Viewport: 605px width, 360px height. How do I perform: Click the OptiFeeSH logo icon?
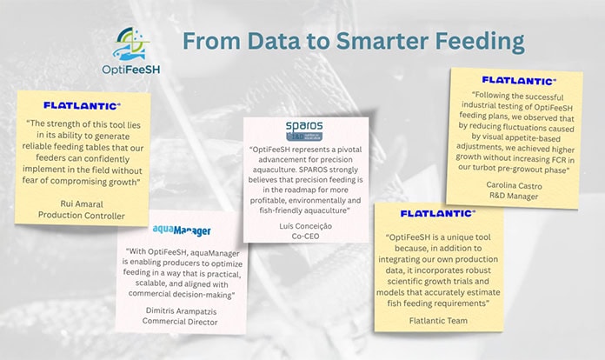[x=136, y=43]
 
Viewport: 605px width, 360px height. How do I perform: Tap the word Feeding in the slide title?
[x=474, y=41]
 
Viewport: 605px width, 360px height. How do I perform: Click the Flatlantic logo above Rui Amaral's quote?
[x=82, y=105]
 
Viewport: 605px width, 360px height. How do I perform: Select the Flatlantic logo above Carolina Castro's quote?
[x=518, y=80]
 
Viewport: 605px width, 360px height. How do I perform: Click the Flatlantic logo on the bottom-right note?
[x=437, y=213]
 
